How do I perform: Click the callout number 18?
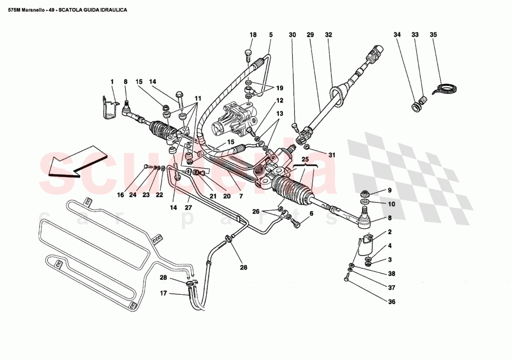253,35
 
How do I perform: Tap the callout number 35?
433,35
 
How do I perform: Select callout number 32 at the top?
329,35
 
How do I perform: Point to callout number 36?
391,302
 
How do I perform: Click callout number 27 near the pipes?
188,208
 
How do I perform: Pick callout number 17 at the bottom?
163,293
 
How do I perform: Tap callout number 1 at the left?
112,82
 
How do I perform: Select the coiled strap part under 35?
445,88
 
